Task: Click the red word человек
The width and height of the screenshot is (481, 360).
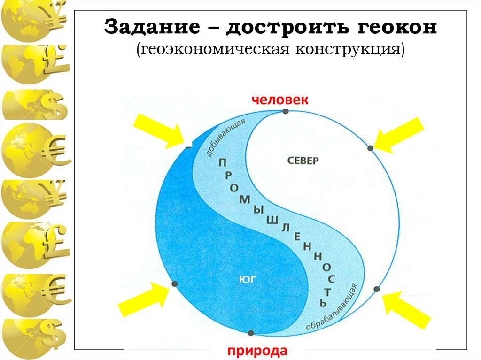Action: (x=279, y=100)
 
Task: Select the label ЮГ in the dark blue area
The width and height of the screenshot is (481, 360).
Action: (x=249, y=280)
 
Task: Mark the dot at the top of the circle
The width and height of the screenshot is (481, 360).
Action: (x=286, y=111)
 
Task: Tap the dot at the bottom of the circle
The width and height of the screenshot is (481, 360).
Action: (x=250, y=333)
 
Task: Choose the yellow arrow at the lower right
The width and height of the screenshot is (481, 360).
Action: (x=406, y=309)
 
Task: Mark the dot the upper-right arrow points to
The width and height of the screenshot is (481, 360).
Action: (x=370, y=148)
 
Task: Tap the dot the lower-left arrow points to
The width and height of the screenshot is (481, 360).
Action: (x=175, y=284)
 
